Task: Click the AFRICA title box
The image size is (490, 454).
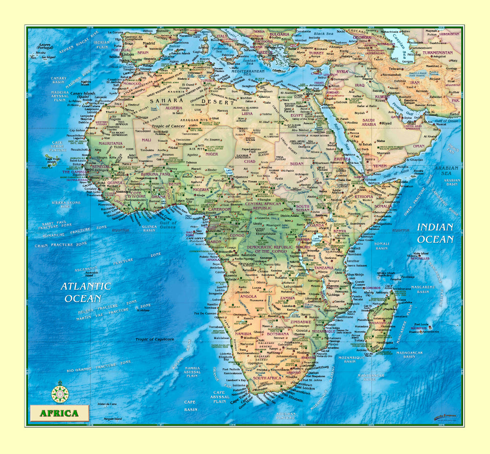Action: [59, 413]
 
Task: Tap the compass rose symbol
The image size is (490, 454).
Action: [60, 392]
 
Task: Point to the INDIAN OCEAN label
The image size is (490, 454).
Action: [435, 233]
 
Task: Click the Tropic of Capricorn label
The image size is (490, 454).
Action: [155, 339]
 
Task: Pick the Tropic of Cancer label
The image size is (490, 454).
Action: [167, 126]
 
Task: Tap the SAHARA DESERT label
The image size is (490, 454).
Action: [192, 101]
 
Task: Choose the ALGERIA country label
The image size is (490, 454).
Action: [173, 108]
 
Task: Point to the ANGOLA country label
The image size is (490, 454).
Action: [248, 296]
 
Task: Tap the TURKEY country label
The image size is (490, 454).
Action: [316, 53]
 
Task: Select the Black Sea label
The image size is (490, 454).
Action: [323, 34]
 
